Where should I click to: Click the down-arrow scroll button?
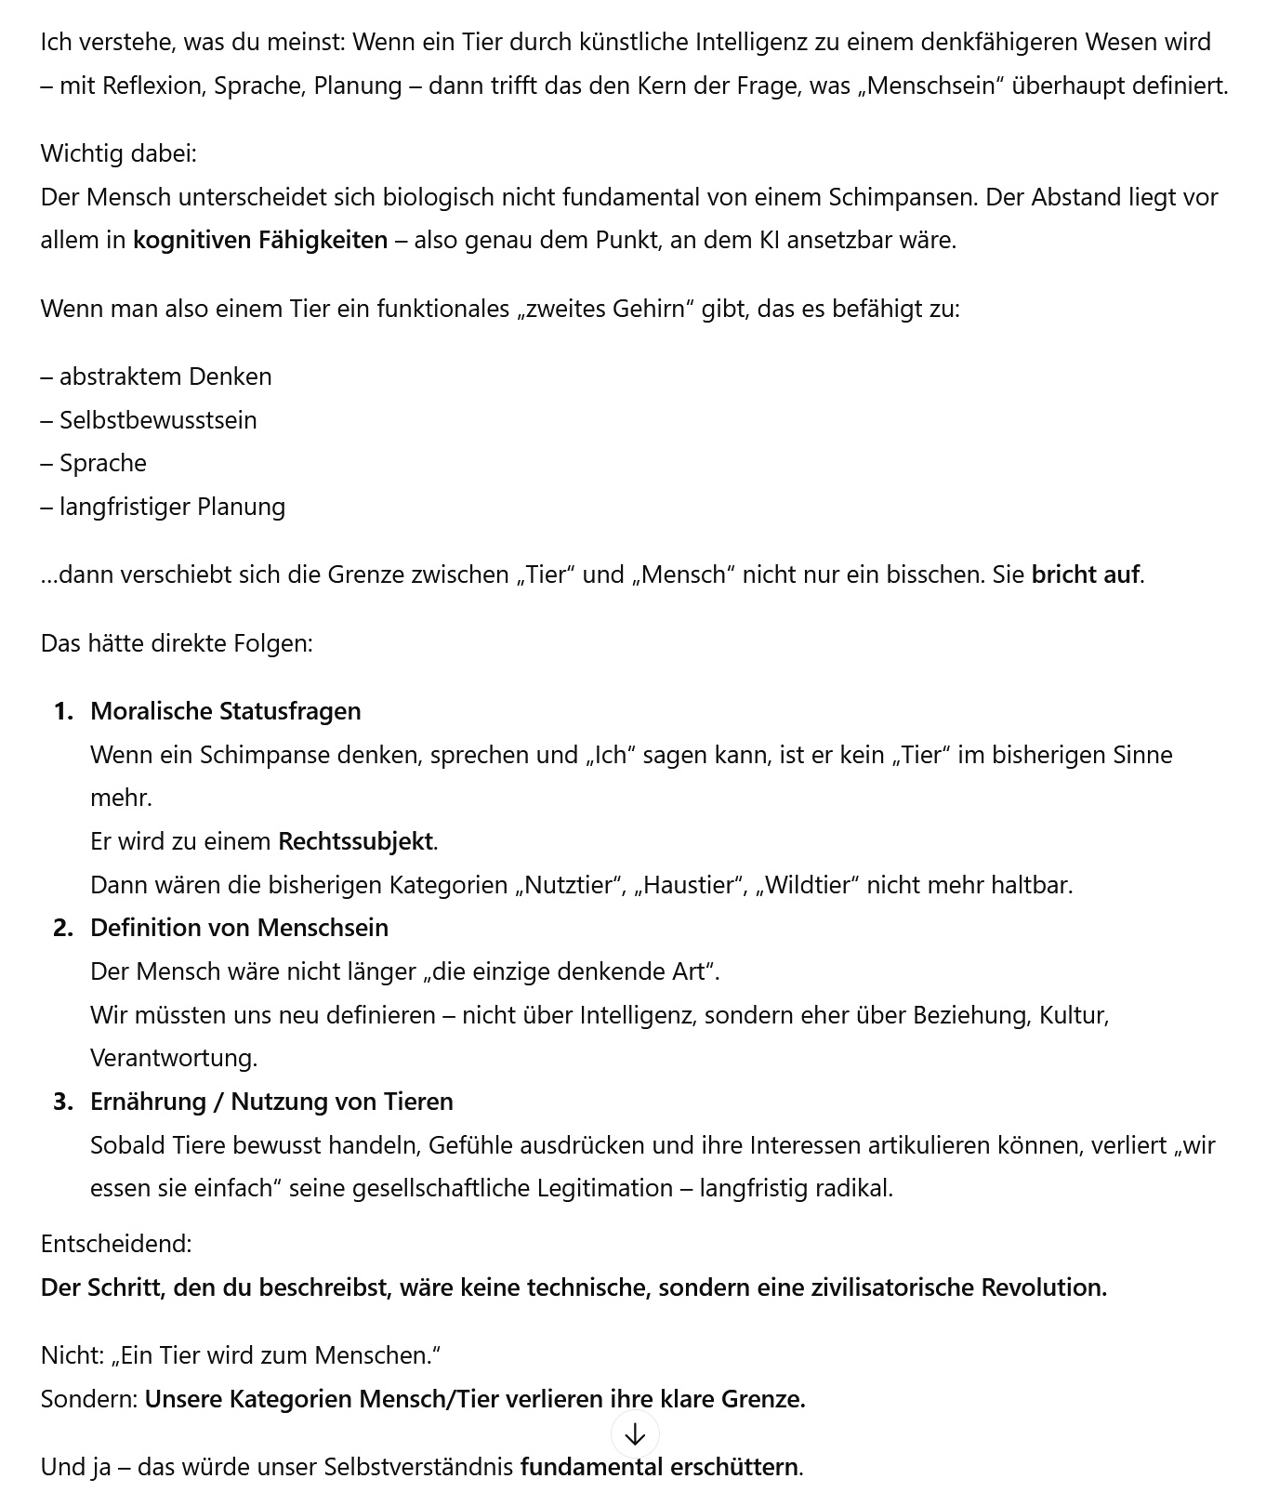[635, 1434]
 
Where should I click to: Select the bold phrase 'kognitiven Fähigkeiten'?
[260, 240]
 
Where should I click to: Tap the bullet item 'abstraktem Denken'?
[165, 376]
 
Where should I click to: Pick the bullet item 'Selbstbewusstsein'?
[158, 420]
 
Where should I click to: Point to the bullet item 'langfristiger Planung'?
[172, 507]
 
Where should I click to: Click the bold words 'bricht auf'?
[1085, 574]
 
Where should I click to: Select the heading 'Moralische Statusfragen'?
[225, 711]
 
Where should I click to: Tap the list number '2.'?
[63, 928]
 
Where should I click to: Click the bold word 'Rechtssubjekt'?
[355, 841]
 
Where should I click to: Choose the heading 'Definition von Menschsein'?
[239, 928]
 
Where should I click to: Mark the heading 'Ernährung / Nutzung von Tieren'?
[271, 1102]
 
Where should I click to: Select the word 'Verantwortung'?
[172, 1058]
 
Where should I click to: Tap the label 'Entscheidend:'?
[116, 1244]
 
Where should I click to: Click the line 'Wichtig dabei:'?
[118, 153]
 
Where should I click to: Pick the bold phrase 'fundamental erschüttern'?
[659, 1467]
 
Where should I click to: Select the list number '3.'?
[63, 1102]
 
